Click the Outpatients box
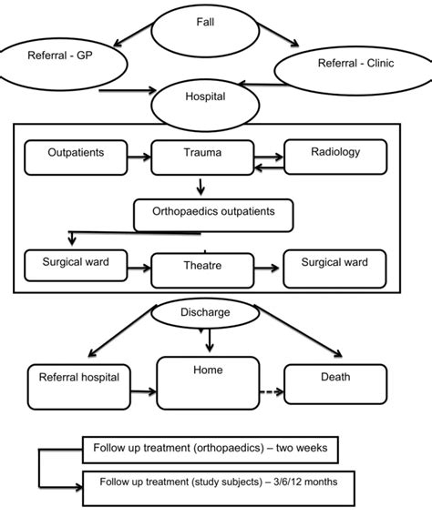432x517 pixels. coord(76,156)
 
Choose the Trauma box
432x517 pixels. coord(201,157)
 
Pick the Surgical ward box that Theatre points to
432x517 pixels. coord(334,265)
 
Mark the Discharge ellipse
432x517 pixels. coord(210,314)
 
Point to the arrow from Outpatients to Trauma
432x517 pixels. coord(139,157)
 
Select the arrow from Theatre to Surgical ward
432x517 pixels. coord(264,268)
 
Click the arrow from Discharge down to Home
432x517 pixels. coord(210,340)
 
